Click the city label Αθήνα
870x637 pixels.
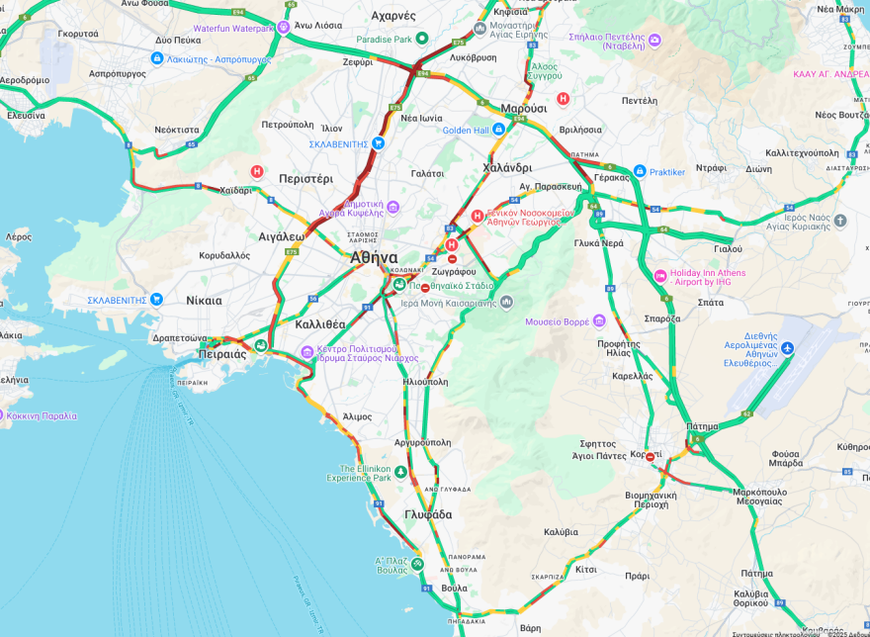click(x=374, y=257)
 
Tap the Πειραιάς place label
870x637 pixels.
click(x=222, y=354)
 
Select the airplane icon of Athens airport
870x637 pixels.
click(x=787, y=348)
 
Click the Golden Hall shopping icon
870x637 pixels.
click(x=498, y=130)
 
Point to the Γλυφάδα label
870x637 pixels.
click(x=428, y=514)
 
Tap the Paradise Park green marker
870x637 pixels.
click(x=422, y=39)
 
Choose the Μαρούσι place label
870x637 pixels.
click(x=523, y=108)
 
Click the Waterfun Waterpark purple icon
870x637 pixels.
click(x=284, y=28)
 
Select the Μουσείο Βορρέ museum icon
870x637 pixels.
click(x=598, y=320)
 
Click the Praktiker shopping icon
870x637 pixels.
click(x=640, y=171)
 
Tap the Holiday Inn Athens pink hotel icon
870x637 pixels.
click(x=660, y=275)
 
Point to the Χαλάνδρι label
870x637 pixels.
click(x=507, y=167)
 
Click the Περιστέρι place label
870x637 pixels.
click(x=305, y=179)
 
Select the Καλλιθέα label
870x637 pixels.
click(x=320, y=323)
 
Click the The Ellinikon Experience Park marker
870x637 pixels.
click(x=400, y=472)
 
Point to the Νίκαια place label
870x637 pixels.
click(x=204, y=300)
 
